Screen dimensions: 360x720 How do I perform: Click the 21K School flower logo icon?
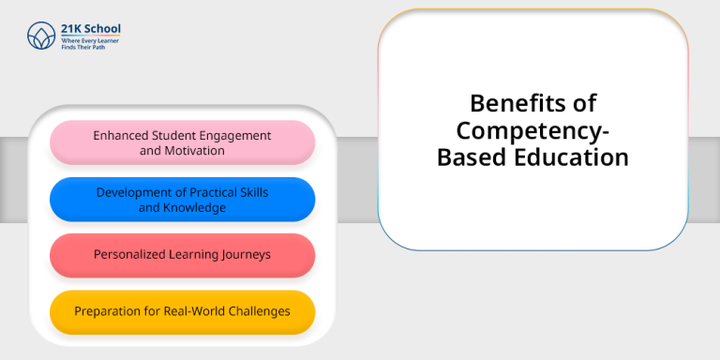click(x=41, y=36)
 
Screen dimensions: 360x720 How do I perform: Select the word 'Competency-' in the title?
click(x=532, y=129)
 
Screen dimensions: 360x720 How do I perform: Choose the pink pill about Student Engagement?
click(x=182, y=142)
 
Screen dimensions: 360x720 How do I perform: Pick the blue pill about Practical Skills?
click(x=182, y=199)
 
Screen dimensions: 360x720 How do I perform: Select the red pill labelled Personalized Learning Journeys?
click(x=182, y=255)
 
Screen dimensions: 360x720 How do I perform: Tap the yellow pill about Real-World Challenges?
click(x=182, y=311)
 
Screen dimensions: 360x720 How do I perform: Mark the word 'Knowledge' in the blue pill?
click(x=195, y=207)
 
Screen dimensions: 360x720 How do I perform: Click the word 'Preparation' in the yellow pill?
click(x=107, y=310)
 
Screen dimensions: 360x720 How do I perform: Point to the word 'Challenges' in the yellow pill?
click(x=258, y=310)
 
